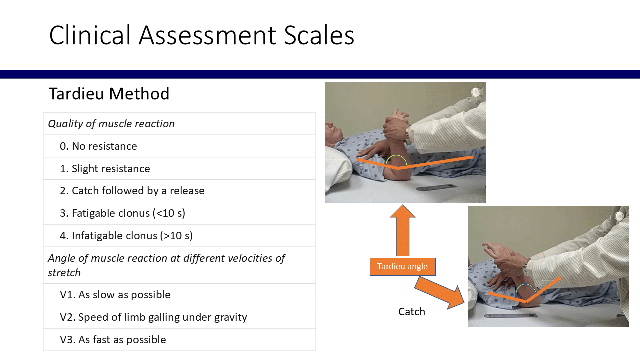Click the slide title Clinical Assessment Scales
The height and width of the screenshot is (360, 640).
pyautogui.click(x=201, y=35)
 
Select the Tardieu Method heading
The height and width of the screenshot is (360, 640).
pyautogui.click(x=109, y=93)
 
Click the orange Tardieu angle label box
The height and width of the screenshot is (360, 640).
pyautogui.click(x=403, y=267)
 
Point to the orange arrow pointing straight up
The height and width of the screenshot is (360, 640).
pyautogui.click(x=403, y=231)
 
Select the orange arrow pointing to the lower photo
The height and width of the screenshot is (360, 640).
pyautogui.click(x=440, y=293)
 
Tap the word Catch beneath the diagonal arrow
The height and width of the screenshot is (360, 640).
pyautogui.click(x=411, y=312)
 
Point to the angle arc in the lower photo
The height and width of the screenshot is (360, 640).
pyautogui.click(x=526, y=285)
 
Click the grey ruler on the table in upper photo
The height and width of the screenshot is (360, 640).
pyautogui.click(x=437, y=187)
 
